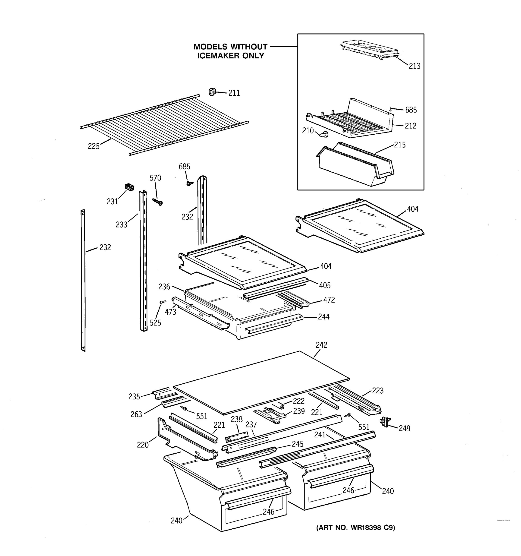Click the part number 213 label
pyautogui.click(x=414, y=66)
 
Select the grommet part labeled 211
pyautogui.click(x=212, y=92)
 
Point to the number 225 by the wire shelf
pyautogui.click(x=94, y=146)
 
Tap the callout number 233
pyautogui.click(x=121, y=224)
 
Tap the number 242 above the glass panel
pyautogui.click(x=321, y=345)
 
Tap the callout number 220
pyautogui.click(x=143, y=445)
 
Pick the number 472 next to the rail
pyautogui.click(x=329, y=300)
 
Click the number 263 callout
pyautogui.click(x=136, y=414)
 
